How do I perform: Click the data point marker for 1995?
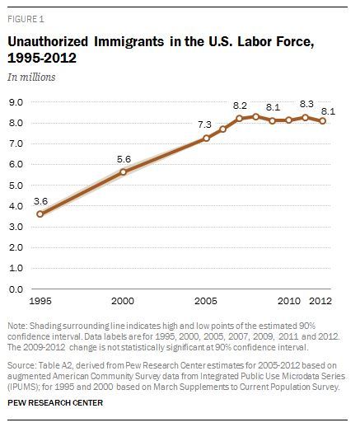coord(40,214)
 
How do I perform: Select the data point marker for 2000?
coord(123,172)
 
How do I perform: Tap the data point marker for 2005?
coord(206,139)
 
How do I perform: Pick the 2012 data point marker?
coord(323,121)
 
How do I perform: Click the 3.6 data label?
coord(40,201)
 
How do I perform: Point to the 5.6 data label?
coord(124,159)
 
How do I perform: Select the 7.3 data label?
coord(205,124)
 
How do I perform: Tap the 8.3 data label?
coord(306,104)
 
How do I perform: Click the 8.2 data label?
coord(240,106)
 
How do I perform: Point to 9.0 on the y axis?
coord(16,102)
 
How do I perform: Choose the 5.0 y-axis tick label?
coord(16,185)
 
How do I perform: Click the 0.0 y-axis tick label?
coord(16,289)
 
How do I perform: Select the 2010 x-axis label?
coord(288,301)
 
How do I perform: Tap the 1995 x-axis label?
coord(40,301)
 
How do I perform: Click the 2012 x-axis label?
coord(320,301)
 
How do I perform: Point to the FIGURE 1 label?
coord(26,19)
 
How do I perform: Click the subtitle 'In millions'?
coord(31,77)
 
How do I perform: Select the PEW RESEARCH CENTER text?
coord(55,403)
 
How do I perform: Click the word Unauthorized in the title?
coord(48,41)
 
